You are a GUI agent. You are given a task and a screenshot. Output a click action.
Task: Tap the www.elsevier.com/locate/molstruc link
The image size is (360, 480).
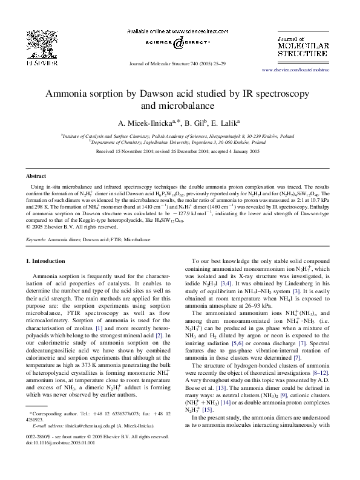(312, 71)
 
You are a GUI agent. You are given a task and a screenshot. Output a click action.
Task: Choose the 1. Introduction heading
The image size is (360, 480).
(48, 261)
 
